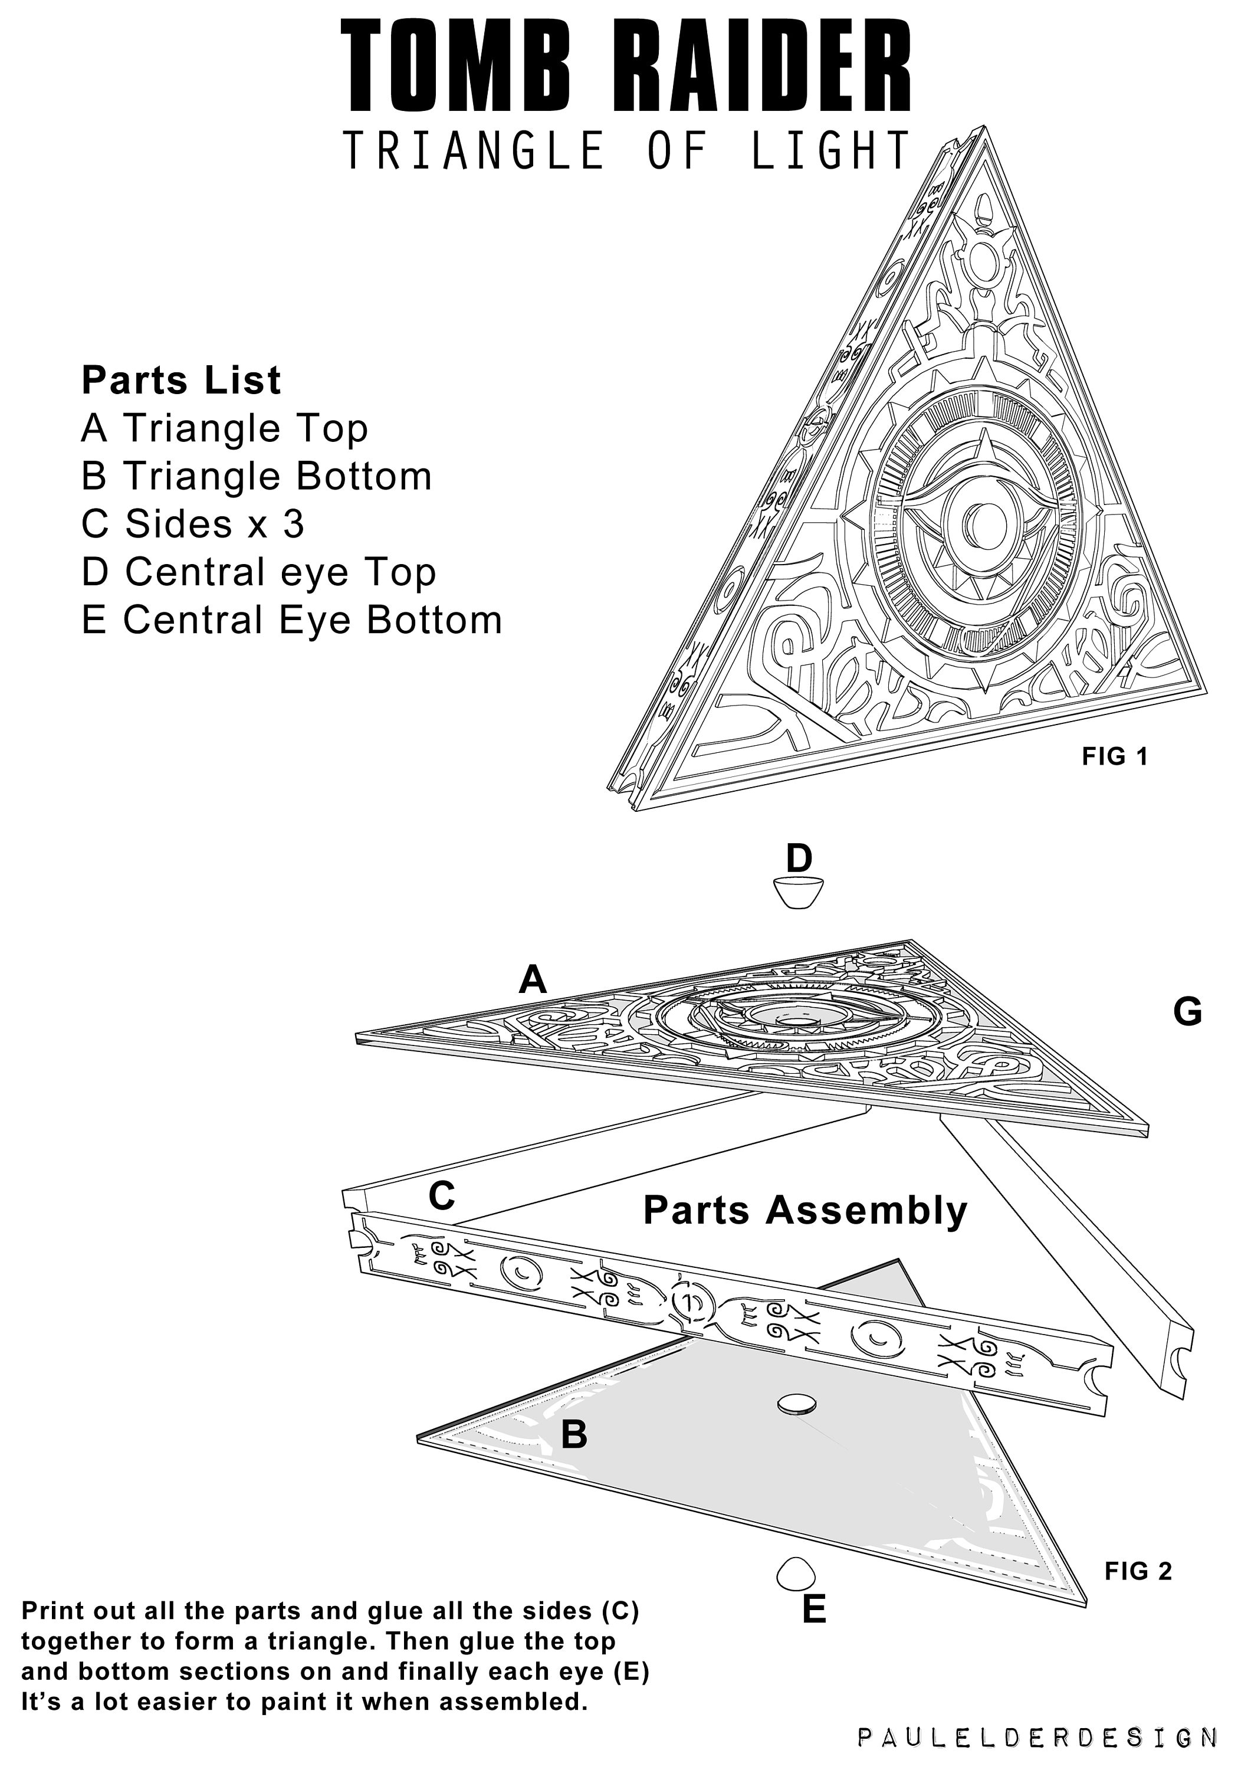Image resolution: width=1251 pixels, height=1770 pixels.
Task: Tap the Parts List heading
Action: (x=181, y=381)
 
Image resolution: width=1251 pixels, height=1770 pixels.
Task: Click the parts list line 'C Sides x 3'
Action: (x=193, y=525)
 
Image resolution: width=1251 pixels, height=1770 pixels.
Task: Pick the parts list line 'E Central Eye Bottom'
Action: (x=291, y=621)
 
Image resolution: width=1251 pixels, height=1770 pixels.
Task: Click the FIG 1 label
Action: (x=1115, y=757)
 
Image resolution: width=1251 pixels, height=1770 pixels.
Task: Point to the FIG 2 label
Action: (x=1138, y=1571)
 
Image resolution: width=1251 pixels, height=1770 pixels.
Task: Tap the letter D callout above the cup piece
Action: (x=799, y=858)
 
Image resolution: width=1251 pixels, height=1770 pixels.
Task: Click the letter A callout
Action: (x=533, y=981)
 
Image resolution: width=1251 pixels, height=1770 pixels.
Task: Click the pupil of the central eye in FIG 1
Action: (x=977, y=525)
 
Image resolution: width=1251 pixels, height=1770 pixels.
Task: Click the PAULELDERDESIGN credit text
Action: (x=1037, y=1738)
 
